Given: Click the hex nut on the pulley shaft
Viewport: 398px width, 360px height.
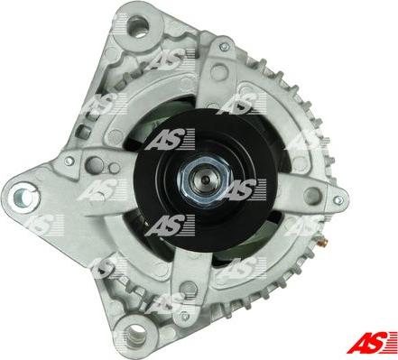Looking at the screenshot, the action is [x=205, y=180].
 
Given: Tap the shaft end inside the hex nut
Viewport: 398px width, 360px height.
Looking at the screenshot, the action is [x=206, y=180].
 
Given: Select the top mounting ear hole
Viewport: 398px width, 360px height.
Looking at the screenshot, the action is [x=139, y=27].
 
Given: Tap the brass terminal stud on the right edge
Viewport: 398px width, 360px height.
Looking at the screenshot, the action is [x=323, y=241].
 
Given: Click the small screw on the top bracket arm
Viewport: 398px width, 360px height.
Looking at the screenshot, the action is [x=224, y=47].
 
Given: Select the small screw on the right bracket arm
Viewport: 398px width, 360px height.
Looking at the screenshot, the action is [x=338, y=199].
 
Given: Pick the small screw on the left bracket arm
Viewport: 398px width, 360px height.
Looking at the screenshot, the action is [x=69, y=162].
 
